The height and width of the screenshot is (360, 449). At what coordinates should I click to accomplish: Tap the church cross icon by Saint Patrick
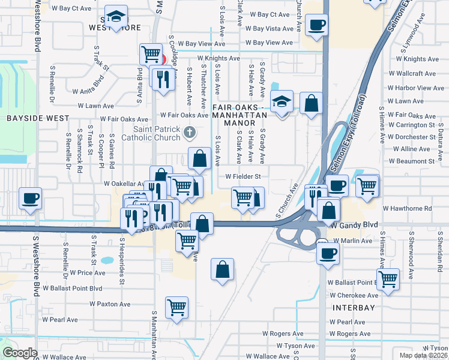(190, 131)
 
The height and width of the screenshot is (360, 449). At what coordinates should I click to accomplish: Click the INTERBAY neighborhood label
(354, 308)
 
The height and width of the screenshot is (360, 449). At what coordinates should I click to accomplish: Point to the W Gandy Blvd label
(355, 224)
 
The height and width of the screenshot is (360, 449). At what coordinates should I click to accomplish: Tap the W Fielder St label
(243, 177)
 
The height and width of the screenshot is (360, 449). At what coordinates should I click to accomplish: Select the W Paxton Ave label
(110, 304)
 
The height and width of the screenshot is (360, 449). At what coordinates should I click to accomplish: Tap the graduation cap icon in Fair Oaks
(281, 101)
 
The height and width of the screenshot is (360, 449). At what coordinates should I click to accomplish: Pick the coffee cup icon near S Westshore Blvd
(30, 198)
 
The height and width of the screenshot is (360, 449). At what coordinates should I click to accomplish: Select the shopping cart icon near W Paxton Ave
(177, 307)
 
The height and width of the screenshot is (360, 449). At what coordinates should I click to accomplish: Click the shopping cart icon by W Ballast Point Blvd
(388, 278)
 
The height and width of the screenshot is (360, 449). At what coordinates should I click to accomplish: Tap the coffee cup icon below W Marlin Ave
(328, 252)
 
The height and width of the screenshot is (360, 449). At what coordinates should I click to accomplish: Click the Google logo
(20, 353)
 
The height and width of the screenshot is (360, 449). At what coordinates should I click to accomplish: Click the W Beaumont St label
(412, 161)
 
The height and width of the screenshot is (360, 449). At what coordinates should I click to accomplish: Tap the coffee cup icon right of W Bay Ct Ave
(316, 25)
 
